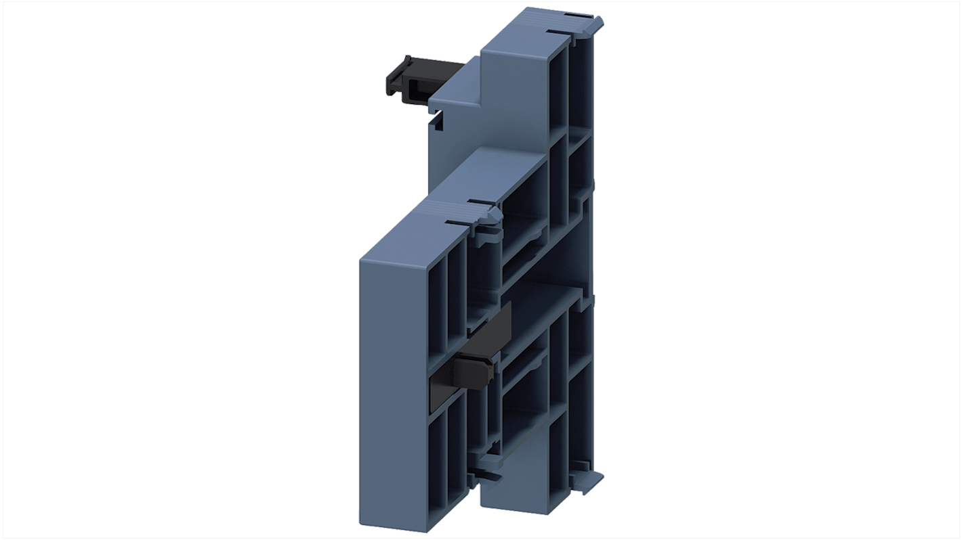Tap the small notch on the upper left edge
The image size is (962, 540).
coord(437,122)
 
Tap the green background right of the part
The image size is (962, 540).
coord(779,271)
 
